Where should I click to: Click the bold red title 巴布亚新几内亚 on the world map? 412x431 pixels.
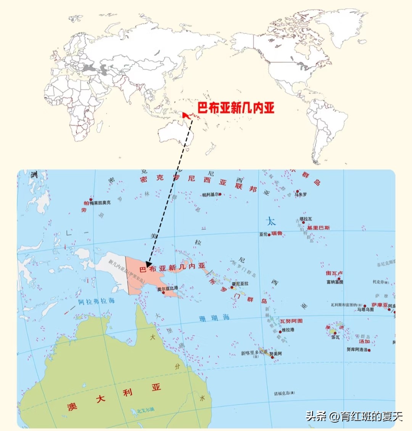236,108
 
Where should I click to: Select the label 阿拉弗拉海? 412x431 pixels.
96,301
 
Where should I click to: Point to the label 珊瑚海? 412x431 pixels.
214,318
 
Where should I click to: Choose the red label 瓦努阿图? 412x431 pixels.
291,321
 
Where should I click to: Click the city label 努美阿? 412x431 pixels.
276,354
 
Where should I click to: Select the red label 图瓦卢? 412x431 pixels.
334,273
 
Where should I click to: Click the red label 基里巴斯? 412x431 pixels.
319,228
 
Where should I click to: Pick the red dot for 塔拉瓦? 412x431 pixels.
304,223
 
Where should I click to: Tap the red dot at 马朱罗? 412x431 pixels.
297,191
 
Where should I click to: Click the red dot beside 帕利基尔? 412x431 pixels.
220,194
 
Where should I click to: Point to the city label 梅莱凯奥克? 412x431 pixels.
100,203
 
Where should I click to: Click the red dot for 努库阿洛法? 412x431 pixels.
369,350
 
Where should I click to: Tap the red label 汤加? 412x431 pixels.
364,341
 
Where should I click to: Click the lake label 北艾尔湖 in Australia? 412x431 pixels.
146,410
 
